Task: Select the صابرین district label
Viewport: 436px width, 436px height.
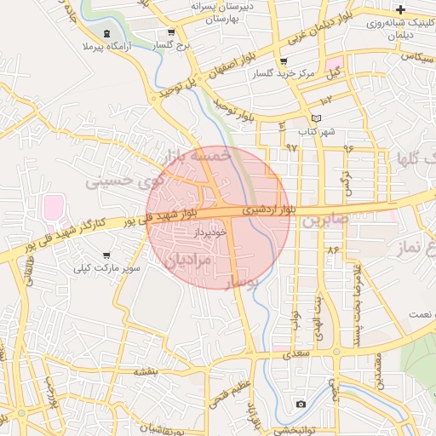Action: coord(324,220)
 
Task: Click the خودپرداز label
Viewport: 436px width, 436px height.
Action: coord(209,232)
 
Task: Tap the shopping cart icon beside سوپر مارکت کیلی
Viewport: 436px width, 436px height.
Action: coord(106,255)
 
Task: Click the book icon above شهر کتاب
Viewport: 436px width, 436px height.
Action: coord(317,118)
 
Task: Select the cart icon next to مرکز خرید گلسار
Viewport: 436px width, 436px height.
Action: coord(284,61)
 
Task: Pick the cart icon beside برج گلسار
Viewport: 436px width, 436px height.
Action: coord(159,33)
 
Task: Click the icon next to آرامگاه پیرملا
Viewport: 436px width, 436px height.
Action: coord(106,34)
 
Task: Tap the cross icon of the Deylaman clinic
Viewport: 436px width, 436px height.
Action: coord(400,9)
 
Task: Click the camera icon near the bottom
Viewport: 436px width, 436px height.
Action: coord(301,404)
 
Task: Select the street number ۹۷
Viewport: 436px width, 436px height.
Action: coord(291,148)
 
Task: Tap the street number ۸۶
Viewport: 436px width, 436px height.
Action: coord(331,250)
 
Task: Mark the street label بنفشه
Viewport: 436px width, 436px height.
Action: coord(146,371)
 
